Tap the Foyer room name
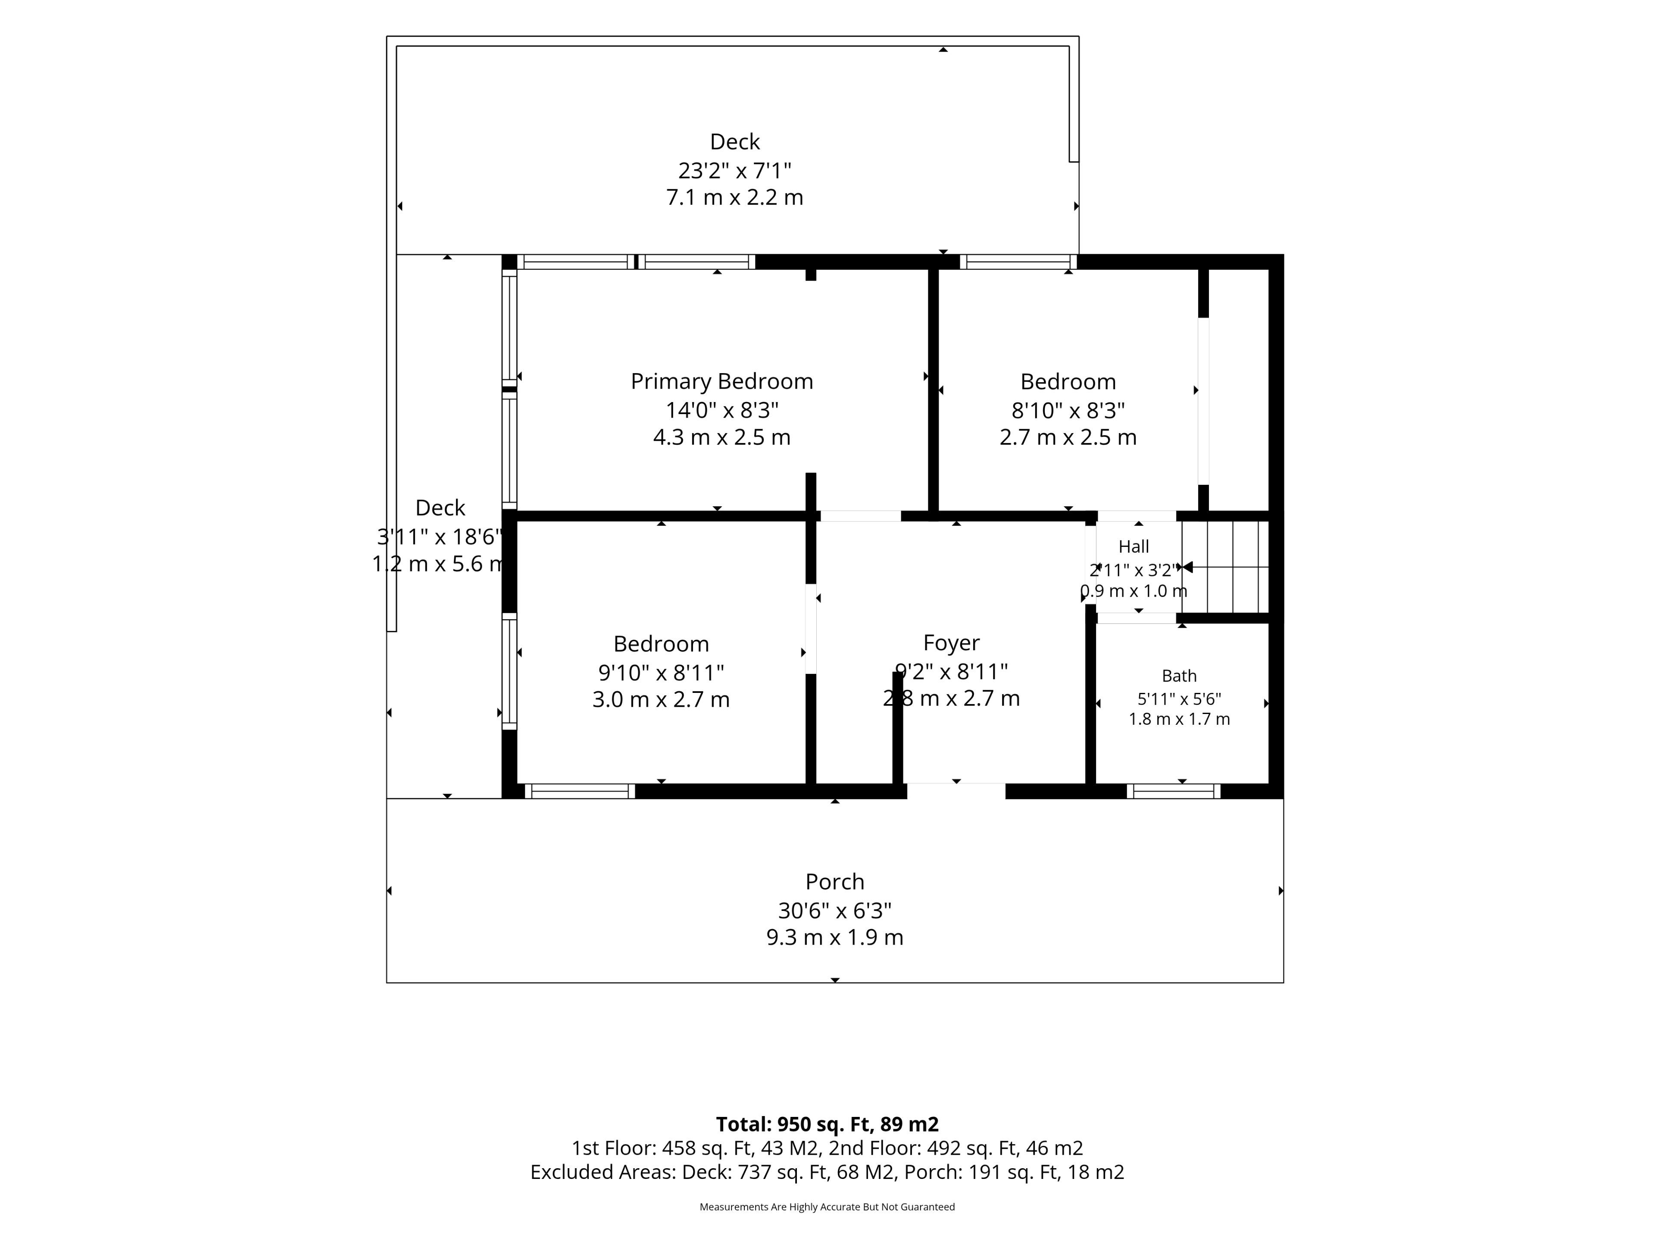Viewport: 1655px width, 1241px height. (951, 643)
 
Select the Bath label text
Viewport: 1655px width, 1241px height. (1179, 676)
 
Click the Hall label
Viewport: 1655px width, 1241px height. (1134, 547)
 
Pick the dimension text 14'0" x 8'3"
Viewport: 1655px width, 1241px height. (722, 410)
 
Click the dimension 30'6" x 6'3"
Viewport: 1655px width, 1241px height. (835, 910)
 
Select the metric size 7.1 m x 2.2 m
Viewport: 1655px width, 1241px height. (735, 197)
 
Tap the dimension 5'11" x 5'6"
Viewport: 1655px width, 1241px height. (1179, 698)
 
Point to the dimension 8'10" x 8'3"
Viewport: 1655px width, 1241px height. (1068, 410)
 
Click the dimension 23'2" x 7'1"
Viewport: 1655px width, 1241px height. (735, 171)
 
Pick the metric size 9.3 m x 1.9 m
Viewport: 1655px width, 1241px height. (835, 937)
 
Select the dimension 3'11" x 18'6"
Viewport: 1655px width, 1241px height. (440, 536)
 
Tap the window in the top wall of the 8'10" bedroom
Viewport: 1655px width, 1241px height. (1018, 262)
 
